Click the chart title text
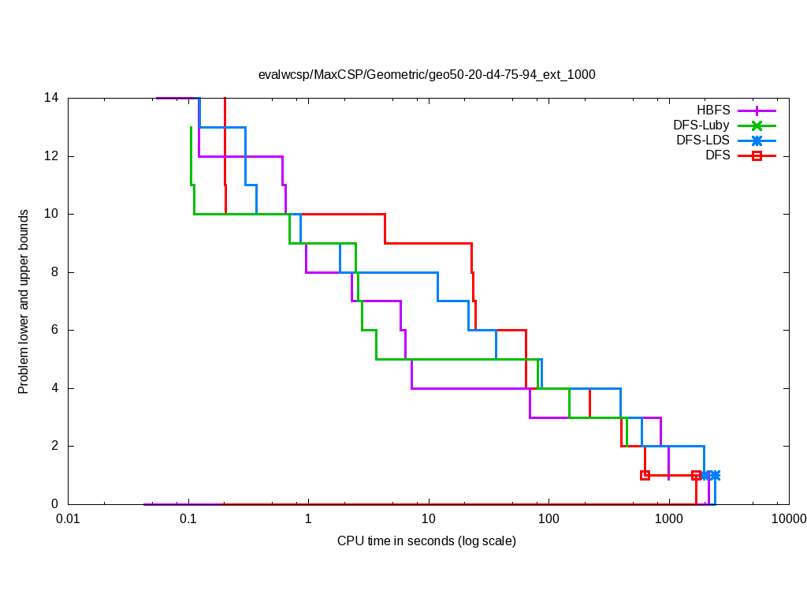[426, 75]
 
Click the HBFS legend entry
[712, 110]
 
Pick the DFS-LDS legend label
[703, 140]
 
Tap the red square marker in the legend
[757, 155]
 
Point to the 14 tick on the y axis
[52, 98]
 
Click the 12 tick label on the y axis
[52, 156]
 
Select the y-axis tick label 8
[55, 272]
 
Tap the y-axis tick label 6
[55, 330]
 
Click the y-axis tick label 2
[55, 446]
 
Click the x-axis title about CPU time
[426, 541]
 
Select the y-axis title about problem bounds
[24, 301]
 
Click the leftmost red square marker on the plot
[645, 475]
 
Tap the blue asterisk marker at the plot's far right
[715, 475]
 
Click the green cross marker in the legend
[757, 125]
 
